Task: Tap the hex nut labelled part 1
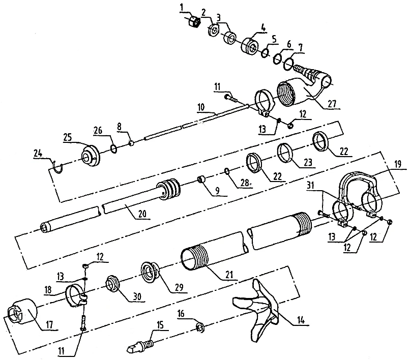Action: coord(193,21)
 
